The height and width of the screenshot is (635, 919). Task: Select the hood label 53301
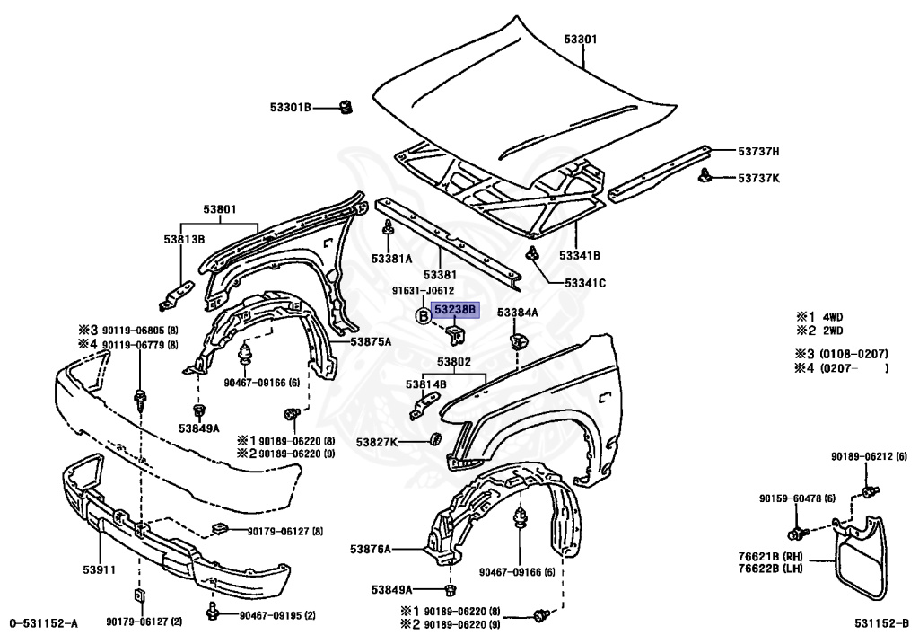pos(581,40)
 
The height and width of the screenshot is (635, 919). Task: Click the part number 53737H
pos(758,151)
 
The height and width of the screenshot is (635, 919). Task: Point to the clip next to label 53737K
pos(706,173)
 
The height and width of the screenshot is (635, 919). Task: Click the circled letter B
pos(424,315)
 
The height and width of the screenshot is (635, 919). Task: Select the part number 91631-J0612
pos(423,290)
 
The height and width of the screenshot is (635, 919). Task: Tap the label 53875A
pos(371,341)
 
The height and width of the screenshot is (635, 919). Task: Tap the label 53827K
pos(377,442)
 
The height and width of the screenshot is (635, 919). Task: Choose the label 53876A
pos(371,549)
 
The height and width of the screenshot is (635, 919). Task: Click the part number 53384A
pos(518,312)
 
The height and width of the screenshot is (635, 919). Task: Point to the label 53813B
pos(184,239)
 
